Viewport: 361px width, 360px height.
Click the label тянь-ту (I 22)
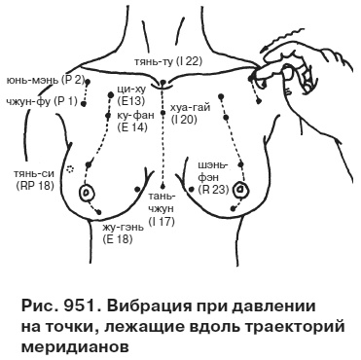pos(168,61)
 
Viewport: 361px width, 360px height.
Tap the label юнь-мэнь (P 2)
pos(46,78)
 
